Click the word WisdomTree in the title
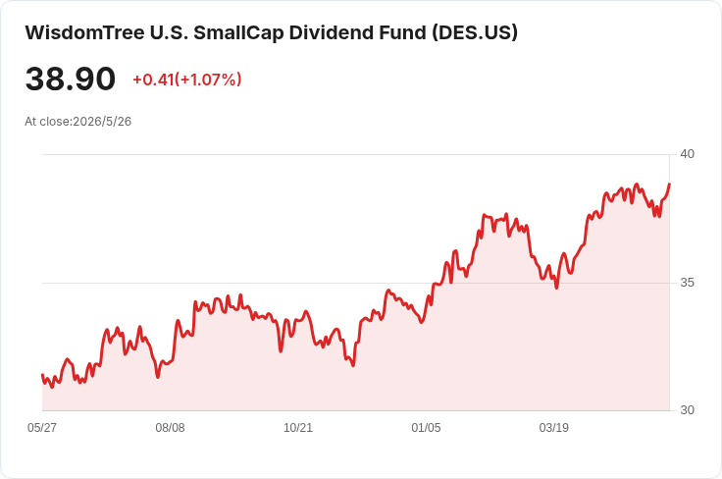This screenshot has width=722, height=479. [84, 32]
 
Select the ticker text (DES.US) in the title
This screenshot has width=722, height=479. [475, 32]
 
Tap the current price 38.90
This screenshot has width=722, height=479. [70, 79]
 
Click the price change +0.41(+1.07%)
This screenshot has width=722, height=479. [187, 80]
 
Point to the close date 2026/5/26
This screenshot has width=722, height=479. [102, 122]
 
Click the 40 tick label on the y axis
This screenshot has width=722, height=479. [687, 154]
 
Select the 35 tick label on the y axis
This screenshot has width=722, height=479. [687, 283]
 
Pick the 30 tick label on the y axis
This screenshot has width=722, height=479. [687, 410]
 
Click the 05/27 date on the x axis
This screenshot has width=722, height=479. [42, 428]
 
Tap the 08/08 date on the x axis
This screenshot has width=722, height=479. [170, 428]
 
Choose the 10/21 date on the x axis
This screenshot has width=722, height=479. [298, 428]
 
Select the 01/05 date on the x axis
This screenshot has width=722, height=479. [426, 428]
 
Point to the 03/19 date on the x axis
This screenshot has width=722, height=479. [554, 428]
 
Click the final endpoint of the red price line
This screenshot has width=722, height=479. [669, 184]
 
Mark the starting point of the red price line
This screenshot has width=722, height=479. [42, 374]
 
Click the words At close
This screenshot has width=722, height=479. [48, 122]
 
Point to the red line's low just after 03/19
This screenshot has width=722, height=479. [556, 288]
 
